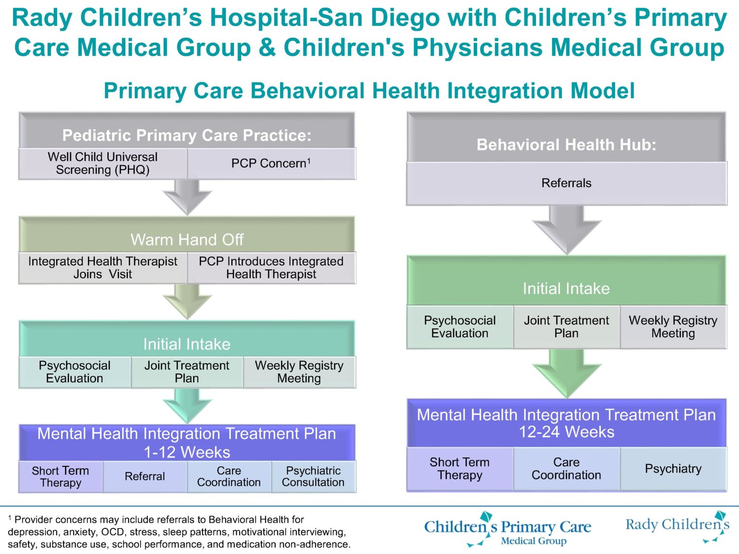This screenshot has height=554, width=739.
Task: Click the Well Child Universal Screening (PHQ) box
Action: pos(102,164)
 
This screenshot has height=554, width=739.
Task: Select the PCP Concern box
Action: pos(271,164)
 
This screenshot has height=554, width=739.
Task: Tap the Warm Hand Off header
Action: pos(187,239)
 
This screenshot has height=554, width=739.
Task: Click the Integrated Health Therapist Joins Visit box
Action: pos(102,268)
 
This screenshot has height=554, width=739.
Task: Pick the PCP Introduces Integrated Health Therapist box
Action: pos(271,268)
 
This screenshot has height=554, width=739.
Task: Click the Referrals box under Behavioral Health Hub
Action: pos(566,183)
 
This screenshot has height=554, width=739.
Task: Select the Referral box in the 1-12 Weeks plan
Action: pos(145,477)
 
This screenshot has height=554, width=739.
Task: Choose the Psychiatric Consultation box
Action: pos(313,477)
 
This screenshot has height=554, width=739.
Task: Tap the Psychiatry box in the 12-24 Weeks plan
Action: pos(673,469)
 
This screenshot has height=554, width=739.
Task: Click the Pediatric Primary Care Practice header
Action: pos(187,135)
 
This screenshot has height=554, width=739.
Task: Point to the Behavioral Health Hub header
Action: pos(566,145)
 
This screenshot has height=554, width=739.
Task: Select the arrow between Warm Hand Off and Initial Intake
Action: pos(187,301)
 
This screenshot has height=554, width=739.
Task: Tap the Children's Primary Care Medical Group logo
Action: pos(508,529)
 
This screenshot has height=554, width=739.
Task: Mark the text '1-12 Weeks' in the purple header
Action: pos(187,453)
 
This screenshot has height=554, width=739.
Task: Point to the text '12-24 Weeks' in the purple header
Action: pos(566,432)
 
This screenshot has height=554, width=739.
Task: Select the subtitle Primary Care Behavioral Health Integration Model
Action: pos(369,91)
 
